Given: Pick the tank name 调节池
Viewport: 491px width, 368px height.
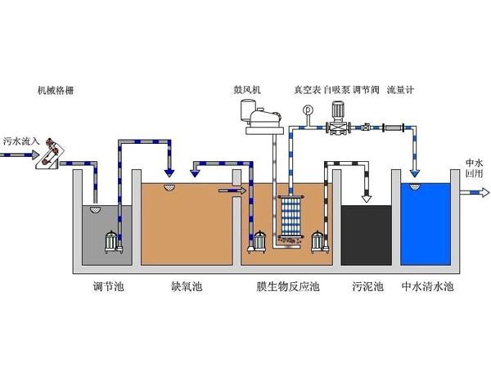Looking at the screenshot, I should click(108, 288).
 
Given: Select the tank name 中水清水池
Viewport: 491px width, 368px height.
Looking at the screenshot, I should click(427, 288).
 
